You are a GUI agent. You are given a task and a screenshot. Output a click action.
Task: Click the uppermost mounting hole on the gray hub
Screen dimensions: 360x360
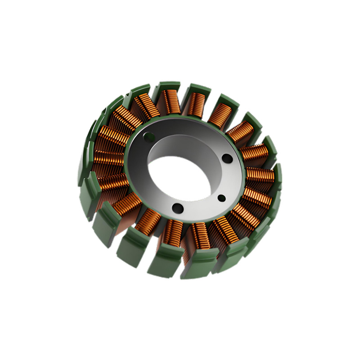tap(147, 135)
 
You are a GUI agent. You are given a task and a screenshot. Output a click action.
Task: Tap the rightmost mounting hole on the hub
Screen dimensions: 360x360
tap(228, 158)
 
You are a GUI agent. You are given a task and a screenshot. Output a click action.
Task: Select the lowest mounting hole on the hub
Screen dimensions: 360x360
tap(178, 207)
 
